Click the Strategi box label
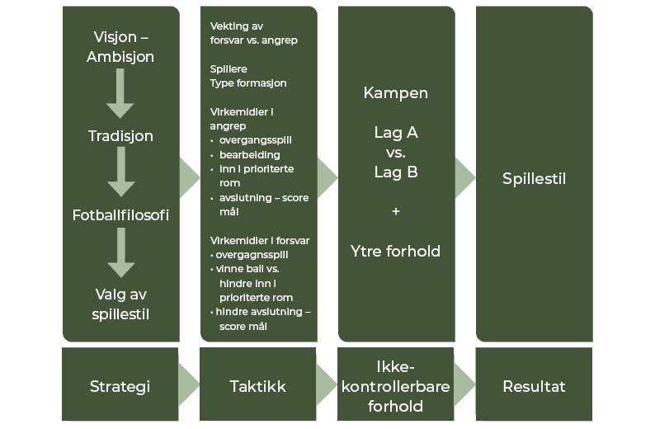(120, 386)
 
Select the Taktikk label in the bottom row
(257, 386)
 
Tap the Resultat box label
(534, 386)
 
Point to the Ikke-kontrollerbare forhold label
(396, 386)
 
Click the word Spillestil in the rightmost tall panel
(534, 179)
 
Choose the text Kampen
(396, 93)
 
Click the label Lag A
(396, 132)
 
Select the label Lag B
(396, 172)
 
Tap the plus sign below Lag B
(396, 212)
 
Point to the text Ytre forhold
(396, 251)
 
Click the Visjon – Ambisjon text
(120, 47)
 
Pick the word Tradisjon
(120, 136)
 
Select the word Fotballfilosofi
(120, 215)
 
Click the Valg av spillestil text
(120, 304)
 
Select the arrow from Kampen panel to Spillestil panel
(464, 174)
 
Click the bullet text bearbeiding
(250, 154)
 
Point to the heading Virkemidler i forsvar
(260, 240)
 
